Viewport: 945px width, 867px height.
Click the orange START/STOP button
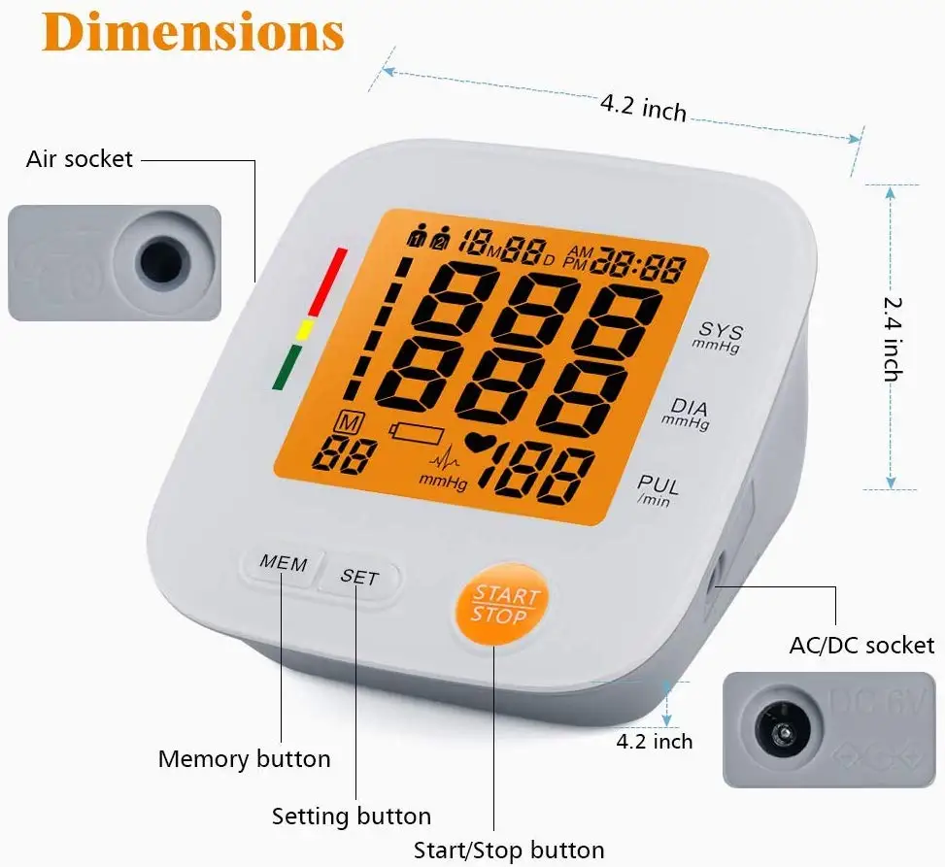click(x=504, y=605)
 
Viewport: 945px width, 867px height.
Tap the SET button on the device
click(x=359, y=577)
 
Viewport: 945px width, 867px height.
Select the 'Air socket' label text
click(x=80, y=158)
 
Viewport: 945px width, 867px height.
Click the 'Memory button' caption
click(x=244, y=759)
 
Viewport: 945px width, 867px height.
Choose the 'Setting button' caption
click(x=351, y=817)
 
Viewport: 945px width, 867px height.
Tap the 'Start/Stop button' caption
click(x=509, y=850)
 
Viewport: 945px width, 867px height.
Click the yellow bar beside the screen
click(x=303, y=330)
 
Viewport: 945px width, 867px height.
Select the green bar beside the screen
click(x=287, y=367)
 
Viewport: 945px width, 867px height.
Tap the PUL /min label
click(x=658, y=488)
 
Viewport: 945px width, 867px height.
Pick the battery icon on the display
click(x=416, y=430)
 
